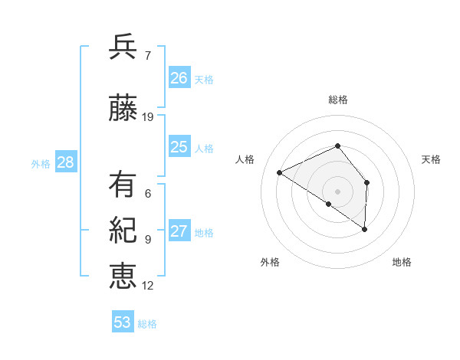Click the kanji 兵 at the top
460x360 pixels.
tap(123, 47)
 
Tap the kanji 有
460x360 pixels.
tap(123, 185)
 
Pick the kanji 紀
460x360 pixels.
tap(123, 231)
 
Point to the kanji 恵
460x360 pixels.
tap(123, 276)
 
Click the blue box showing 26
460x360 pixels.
tap(179, 78)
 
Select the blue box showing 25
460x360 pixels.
tap(179, 147)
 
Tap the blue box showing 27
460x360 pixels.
tap(179, 231)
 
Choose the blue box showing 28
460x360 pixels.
tap(65, 162)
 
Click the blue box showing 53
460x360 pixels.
tap(123, 322)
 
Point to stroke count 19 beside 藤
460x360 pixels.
tap(148, 117)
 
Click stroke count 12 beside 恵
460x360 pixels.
tap(148, 286)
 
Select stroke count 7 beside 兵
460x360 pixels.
tap(147, 56)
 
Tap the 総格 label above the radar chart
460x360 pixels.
tap(338, 100)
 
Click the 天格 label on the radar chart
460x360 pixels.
tap(431, 159)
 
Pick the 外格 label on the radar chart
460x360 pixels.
tap(270, 262)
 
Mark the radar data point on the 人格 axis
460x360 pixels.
tap(280, 172)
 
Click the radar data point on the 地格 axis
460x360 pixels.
tap(365, 229)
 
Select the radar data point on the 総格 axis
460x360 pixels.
tap(338, 146)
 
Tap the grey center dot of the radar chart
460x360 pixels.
tap(338, 191)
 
